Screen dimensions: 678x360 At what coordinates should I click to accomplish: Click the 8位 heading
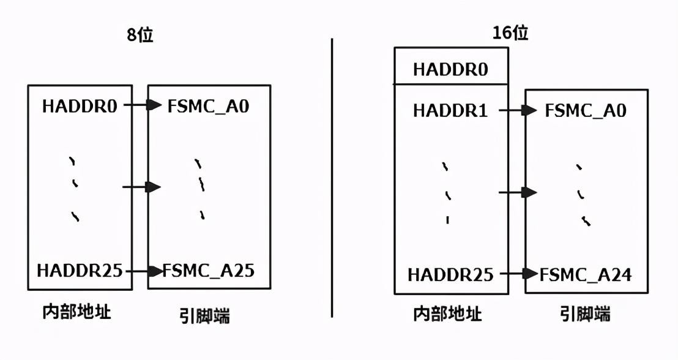point(140,35)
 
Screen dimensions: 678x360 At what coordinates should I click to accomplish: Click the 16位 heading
point(510,33)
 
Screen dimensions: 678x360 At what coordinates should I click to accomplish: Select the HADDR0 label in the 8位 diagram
point(80,106)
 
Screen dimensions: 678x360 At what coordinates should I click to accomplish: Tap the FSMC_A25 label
point(209,271)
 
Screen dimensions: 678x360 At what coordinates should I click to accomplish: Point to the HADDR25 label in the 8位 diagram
point(80,271)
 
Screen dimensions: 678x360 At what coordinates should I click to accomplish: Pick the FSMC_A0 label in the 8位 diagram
point(209,106)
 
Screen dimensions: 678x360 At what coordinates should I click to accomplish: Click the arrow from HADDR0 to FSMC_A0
point(143,105)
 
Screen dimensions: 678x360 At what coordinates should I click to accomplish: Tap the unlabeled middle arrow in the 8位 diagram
point(142,187)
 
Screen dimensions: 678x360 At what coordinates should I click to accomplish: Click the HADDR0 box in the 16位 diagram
point(451,66)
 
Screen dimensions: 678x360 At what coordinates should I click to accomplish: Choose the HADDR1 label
point(450,111)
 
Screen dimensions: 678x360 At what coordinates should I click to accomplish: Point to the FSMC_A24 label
point(586,274)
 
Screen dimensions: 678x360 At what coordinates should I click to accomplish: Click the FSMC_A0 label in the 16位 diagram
point(586,111)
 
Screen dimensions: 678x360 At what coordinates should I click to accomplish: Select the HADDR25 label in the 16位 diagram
point(450,274)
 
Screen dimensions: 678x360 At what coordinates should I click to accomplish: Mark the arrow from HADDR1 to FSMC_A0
point(518,110)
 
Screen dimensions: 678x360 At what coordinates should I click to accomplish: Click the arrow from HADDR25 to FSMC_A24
point(519,274)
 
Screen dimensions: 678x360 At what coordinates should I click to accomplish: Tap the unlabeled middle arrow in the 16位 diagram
point(518,192)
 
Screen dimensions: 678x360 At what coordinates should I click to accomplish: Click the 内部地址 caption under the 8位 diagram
point(76,312)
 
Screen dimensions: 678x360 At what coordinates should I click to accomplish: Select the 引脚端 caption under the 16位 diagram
point(585,313)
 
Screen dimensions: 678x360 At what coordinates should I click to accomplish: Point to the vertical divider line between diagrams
point(332,178)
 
